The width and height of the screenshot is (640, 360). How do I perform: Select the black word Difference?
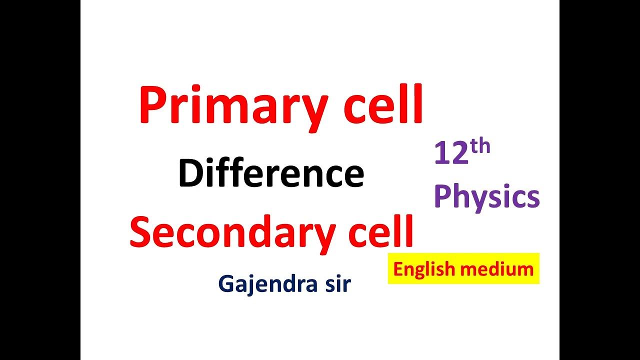pos(271,173)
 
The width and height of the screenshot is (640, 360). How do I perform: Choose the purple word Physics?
pos(487,197)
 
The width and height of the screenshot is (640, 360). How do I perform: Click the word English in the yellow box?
pos(423,269)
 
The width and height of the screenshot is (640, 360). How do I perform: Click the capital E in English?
pos(397,269)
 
